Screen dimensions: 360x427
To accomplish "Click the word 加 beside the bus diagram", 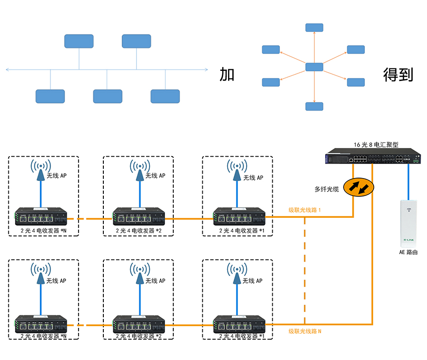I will coord(227,74).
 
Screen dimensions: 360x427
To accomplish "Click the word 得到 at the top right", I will coord(398,74).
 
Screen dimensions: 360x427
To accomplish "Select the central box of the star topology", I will coord(314,67).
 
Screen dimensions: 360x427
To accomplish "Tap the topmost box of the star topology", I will coord(314,27).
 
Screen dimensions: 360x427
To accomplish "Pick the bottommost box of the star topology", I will coord(314,106).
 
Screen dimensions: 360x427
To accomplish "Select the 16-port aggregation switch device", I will coord(373,158).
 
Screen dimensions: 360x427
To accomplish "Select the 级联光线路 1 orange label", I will coord(305,210).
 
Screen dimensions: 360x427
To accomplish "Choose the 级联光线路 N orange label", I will coord(305,331).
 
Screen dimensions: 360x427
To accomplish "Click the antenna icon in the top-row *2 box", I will coord(139,169).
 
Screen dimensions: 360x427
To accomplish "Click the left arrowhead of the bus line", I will coord(7,70).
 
